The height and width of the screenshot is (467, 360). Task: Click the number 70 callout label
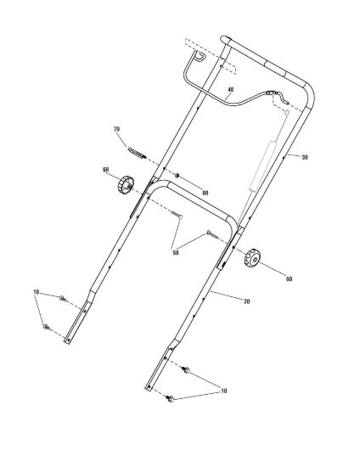click(116, 129)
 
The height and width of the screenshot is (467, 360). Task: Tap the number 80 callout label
click(205, 193)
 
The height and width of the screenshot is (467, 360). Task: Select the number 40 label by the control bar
click(230, 89)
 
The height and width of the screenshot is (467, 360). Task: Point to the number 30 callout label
click(305, 157)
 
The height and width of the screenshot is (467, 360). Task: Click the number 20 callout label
click(246, 301)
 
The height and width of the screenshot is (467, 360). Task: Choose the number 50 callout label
click(176, 252)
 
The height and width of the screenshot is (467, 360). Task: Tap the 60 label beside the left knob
click(105, 170)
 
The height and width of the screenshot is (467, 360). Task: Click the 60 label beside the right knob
click(289, 279)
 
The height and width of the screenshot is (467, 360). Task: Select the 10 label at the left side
click(36, 292)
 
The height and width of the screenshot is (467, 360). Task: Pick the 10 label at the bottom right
click(223, 391)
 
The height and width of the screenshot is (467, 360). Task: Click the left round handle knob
click(126, 185)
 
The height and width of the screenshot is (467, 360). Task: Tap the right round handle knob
click(252, 258)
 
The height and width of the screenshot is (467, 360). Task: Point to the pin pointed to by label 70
click(138, 153)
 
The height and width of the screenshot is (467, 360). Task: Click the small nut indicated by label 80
click(177, 176)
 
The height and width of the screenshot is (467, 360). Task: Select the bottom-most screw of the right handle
click(170, 398)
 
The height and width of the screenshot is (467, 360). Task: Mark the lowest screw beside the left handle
click(47, 327)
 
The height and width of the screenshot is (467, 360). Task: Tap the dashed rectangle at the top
click(211, 56)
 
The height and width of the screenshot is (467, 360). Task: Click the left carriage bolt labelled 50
click(177, 215)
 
